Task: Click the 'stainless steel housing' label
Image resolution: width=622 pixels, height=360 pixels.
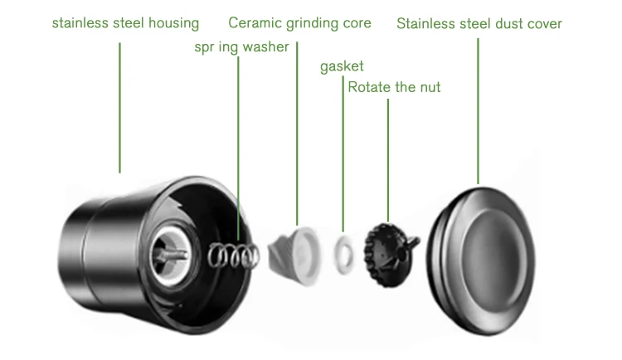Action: point(125,23)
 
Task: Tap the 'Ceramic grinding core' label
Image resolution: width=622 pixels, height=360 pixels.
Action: point(299,23)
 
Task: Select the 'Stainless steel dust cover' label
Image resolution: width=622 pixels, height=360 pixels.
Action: point(479,23)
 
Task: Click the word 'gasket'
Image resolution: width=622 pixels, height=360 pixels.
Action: point(342,66)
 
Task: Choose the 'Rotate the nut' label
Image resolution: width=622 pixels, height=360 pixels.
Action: point(394,86)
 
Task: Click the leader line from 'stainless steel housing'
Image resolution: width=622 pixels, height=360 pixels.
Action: point(120,108)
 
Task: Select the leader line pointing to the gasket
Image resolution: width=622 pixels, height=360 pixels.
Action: point(343,149)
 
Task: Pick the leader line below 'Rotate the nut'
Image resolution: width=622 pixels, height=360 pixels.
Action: point(388,158)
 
